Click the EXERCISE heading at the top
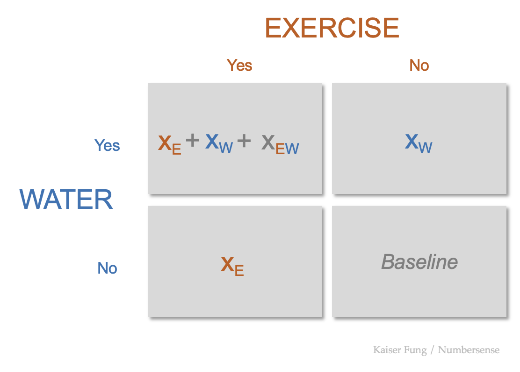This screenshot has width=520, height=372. (332, 28)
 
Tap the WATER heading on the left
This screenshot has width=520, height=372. (66, 200)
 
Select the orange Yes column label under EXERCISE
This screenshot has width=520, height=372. (239, 65)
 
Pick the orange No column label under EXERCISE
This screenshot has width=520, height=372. (419, 65)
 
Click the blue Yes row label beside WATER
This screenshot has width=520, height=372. (107, 145)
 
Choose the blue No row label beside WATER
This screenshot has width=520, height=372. (107, 268)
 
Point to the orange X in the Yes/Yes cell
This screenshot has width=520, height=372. (165, 143)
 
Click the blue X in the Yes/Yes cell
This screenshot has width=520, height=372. (212, 141)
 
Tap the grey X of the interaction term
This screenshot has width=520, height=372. (268, 142)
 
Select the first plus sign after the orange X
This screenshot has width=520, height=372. (192, 140)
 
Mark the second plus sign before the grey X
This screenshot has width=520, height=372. (244, 140)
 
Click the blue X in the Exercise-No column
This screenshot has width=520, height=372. (412, 141)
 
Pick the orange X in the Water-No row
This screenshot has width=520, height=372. (227, 265)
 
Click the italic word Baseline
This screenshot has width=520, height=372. (419, 262)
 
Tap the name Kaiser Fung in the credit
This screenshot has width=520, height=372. (400, 350)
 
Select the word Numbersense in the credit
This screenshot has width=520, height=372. (469, 350)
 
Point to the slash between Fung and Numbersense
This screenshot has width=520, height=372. (433, 350)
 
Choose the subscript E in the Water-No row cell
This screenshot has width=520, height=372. (239, 271)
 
